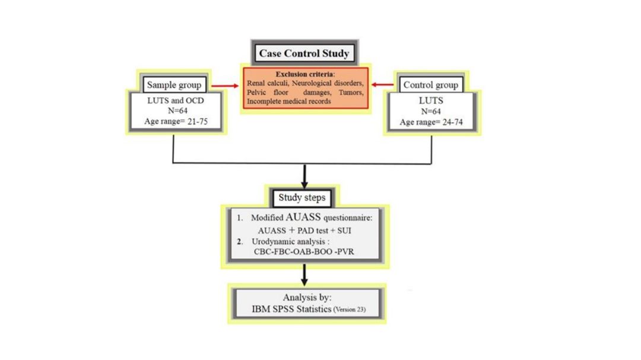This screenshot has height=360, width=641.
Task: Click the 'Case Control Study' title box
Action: (x=304, y=53)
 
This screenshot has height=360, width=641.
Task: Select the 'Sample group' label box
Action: (x=174, y=85)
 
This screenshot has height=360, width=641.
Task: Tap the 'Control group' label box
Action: (x=430, y=85)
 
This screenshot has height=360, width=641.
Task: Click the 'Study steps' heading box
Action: (x=302, y=197)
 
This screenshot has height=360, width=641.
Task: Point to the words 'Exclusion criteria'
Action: (x=304, y=74)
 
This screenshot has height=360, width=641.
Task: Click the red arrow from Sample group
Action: (x=225, y=86)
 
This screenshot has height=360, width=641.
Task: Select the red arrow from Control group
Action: (x=383, y=85)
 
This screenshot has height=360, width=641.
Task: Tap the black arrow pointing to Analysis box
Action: (x=304, y=274)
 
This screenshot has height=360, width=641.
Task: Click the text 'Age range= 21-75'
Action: (x=176, y=122)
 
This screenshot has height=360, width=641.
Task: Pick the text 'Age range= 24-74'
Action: (x=431, y=122)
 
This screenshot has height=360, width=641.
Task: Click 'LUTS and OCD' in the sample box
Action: (x=175, y=100)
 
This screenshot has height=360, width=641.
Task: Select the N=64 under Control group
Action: (x=431, y=111)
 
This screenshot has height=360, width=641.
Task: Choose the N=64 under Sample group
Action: (x=177, y=110)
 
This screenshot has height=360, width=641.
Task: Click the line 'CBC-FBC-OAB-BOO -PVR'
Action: (x=304, y=251)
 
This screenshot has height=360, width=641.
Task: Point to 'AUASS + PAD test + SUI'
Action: (x=304, y=230)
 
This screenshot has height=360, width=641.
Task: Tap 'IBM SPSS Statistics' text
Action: (x=291, y=309)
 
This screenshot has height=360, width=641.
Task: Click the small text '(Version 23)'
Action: (x=350, y=310)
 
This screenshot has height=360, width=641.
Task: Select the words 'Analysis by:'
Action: (x=307, y=297)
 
